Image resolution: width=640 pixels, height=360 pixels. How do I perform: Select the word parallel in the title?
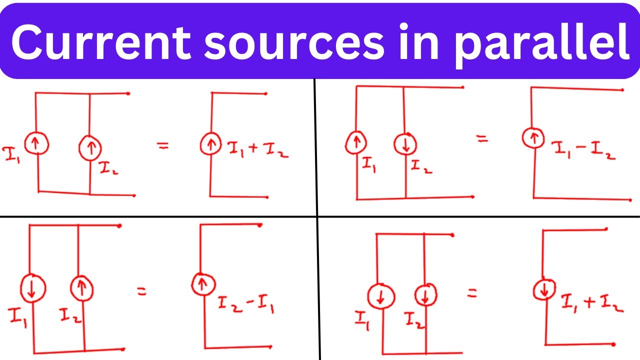click(x=541, y=45)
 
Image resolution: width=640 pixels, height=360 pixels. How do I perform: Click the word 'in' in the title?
click(x=418, y=41)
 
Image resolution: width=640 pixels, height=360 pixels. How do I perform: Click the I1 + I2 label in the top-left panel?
click(x=257, y=149)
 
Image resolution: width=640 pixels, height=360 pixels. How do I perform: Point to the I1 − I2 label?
click(x=584, y=150)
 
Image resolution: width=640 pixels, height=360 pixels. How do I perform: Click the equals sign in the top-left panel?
click(x=163, y=146)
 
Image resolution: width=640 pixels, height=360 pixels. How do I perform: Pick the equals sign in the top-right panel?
click(x=482, y=139)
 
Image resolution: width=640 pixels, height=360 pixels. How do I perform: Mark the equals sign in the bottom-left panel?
click(x=141, y=291)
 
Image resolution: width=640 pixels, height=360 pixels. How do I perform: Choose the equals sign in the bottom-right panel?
click(x=472, y=293)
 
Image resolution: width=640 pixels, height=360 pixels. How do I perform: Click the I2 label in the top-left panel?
click(x=108, y=168)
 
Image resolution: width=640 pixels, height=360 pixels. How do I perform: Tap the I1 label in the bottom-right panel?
click(x=362, y=320)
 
